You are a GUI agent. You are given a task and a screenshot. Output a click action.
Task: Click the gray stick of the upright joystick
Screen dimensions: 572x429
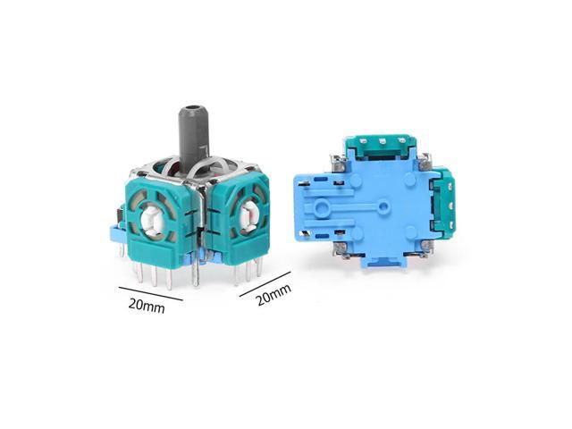tap(190, 138)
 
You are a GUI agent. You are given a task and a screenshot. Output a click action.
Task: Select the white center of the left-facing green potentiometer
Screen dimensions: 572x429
tap(153, 221)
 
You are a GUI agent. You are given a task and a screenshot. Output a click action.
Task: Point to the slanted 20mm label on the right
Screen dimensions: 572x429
tap(273, 295)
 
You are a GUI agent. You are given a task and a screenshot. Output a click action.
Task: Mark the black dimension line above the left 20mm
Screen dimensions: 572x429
tap(151, 294)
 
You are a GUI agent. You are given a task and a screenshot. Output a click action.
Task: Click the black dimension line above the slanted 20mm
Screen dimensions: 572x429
tap(265, 284)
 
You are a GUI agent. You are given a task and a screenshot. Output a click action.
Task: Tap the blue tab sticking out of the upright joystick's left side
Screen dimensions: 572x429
tap(117, 234)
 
